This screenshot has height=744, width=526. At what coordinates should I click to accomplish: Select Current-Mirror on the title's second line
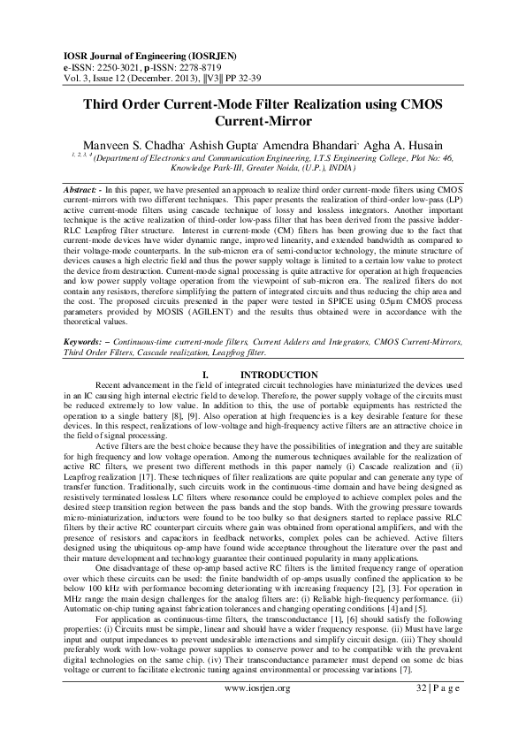point(263,122)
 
